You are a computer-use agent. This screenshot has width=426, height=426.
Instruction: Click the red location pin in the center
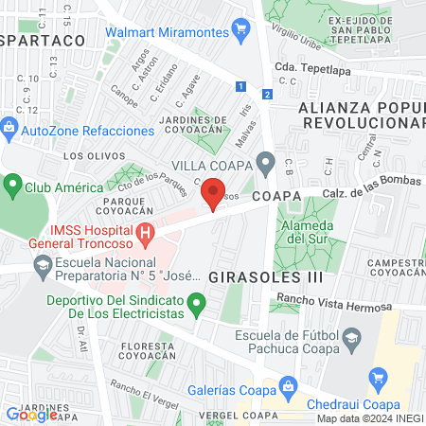click(212, 197)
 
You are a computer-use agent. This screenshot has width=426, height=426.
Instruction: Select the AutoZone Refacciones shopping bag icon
click(9, 126)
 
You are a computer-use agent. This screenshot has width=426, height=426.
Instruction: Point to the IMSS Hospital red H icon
click(145, 233)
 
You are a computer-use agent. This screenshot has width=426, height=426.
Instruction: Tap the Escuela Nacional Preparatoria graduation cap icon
click(42, 269)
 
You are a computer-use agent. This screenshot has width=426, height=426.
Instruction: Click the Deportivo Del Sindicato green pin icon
click(196, 305)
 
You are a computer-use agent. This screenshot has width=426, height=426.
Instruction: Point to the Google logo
click(31, 414)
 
